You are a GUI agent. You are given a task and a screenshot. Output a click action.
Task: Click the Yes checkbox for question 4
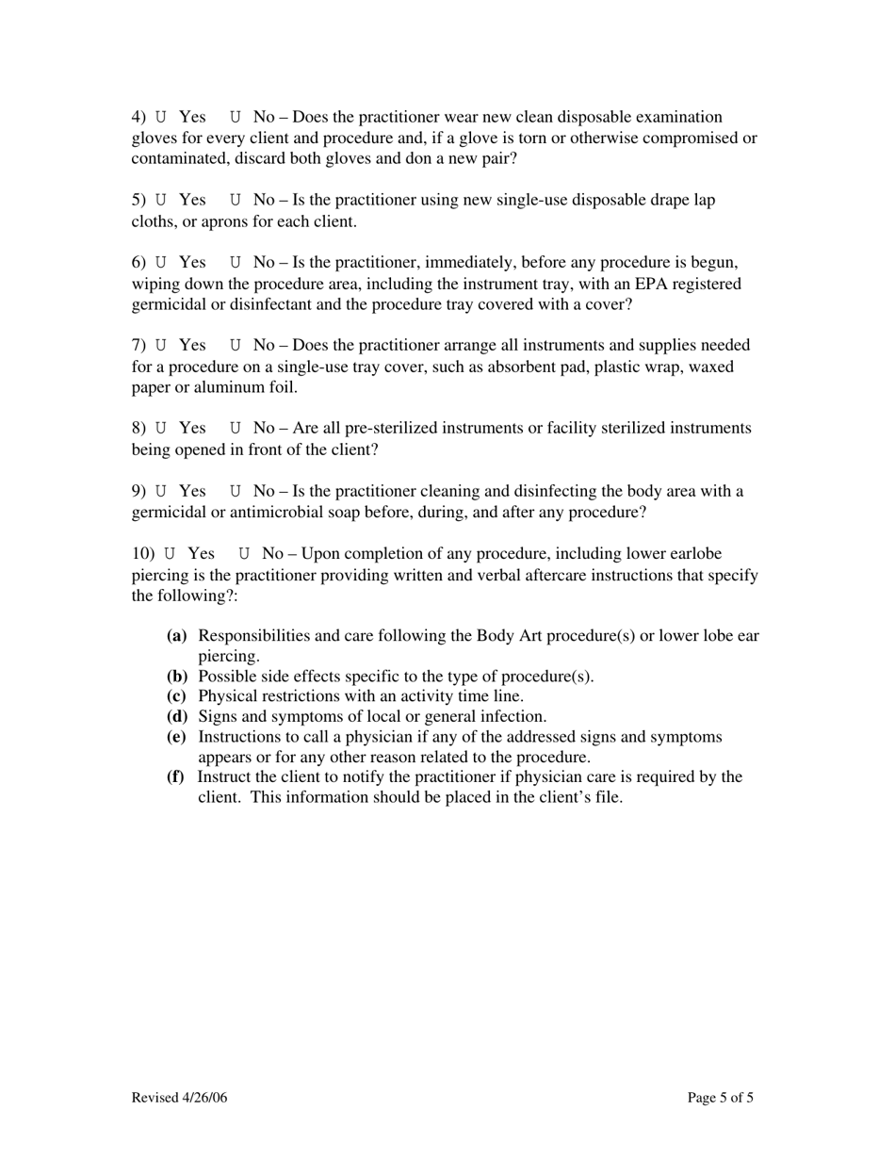click(x=161, y=118)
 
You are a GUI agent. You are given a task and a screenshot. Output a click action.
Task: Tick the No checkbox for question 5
click(x=236, y=201)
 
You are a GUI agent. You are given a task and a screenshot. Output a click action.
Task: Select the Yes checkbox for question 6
click(x=161, y=263)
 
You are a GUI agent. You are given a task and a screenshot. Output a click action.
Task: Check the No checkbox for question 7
click(x=236, y=346)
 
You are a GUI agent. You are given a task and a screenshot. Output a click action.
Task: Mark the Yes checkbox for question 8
click(x=161, y=429)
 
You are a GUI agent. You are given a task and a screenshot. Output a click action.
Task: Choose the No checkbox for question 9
click(x=236, y=492)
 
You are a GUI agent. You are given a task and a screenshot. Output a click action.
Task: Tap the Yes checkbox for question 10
click(x=170, y=554)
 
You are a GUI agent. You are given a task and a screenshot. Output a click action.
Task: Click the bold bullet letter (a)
click(x=177, y=636)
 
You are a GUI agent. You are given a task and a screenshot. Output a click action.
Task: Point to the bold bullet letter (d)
click(x=177, y=717)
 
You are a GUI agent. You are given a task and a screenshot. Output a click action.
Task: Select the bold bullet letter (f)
click(x=176, y=777)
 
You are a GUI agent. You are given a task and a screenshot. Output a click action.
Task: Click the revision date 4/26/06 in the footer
click(x=203, y=1098)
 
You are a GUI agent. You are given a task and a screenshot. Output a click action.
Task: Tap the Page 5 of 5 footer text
click(x=721, y=1098)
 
